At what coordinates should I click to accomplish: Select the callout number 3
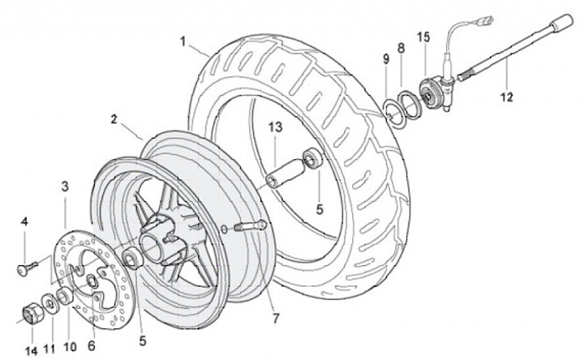[x=65, y=186]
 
